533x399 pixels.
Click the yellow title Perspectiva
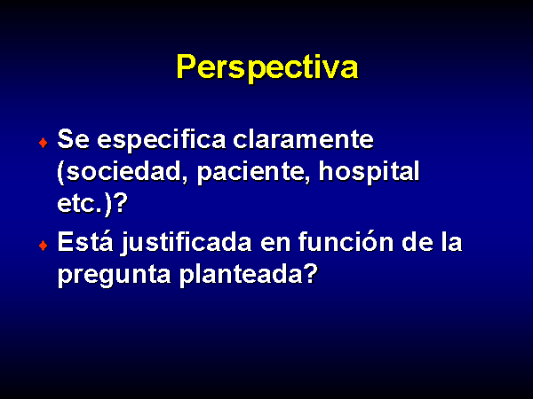pos(267,67)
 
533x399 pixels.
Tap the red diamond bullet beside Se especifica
pos(44,143)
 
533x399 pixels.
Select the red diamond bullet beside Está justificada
pos(44,246)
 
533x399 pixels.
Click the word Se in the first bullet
pos(74,139)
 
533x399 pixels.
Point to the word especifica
pos(162,140)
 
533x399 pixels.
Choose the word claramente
pos(304,139)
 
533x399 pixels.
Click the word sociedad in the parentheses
pos(123,172)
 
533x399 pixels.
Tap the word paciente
pos(253,173)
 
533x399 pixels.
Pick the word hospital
pos(370,172)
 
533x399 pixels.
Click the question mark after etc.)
pos(120,202)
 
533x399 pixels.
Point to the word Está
pos(85,241)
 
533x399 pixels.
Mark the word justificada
pos(187,243)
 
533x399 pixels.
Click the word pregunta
pos(115,275)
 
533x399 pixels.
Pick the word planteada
pos(241,274)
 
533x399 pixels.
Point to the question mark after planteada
pos(310,272)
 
